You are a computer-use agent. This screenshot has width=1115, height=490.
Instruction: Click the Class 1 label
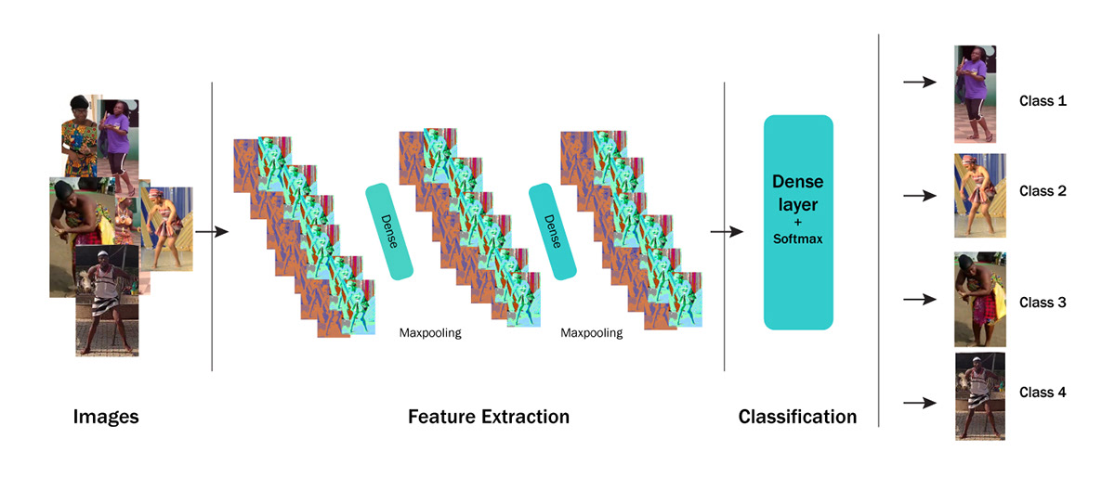click(x=1043, y=100)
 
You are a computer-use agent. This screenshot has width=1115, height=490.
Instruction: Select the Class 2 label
click(x=1043, y=191)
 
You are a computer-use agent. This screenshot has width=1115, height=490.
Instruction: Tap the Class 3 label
click(x=1043, y=303)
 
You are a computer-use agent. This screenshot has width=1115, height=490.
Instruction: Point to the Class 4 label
click(x=1043, y=393)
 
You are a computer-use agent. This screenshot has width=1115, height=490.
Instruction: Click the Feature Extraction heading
click(x=489, y=418)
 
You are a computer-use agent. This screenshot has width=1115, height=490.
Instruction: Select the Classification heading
click(x=797, y=418)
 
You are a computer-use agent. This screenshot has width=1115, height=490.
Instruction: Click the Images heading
click(x=106, y=418)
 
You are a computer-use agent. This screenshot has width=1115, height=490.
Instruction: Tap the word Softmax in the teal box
click(x=798, y=239)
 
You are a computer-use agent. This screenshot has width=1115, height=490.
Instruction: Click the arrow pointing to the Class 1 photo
click(x=919, y=82)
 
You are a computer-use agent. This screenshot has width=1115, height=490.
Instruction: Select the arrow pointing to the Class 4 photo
click(x=919, y=403)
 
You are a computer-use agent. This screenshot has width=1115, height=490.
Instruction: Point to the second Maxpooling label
click(x=592, y=332)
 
